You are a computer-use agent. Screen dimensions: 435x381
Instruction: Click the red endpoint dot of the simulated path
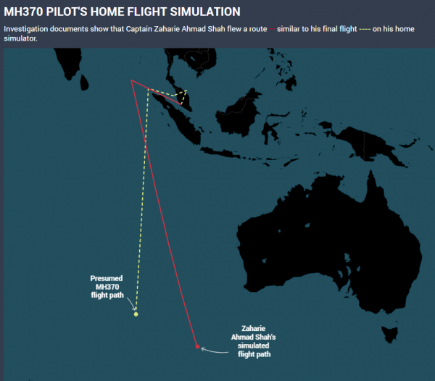tap(197, 346)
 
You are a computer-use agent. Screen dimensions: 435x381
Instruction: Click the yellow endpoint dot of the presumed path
tap(136, 314)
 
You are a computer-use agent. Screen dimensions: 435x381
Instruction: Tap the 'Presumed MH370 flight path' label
tap(107, 287)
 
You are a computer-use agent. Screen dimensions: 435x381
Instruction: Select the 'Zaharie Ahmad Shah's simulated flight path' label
tap(254, 341)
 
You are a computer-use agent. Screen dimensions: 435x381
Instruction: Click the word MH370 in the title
tap(23, 12)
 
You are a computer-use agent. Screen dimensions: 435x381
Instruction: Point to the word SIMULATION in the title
tap(205, 12)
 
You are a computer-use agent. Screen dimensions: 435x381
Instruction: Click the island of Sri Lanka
tap(84, 83)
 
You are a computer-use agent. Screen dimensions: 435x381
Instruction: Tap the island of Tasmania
tap(389, 335)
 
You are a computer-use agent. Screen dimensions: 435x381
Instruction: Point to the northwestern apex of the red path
tap(131, 80)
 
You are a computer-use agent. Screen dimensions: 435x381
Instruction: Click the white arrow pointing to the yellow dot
tap(132, 303)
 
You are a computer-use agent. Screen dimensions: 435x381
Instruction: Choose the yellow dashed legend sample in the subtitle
tap(365, 29)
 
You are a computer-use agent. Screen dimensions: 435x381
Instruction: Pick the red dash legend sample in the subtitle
tap(272, 29)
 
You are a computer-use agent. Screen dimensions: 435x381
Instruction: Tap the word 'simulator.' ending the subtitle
tap(20, 38)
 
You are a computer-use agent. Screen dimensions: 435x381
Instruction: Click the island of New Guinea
tap(369, 144)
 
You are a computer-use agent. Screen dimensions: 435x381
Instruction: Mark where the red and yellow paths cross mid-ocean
tap(146, 143)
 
